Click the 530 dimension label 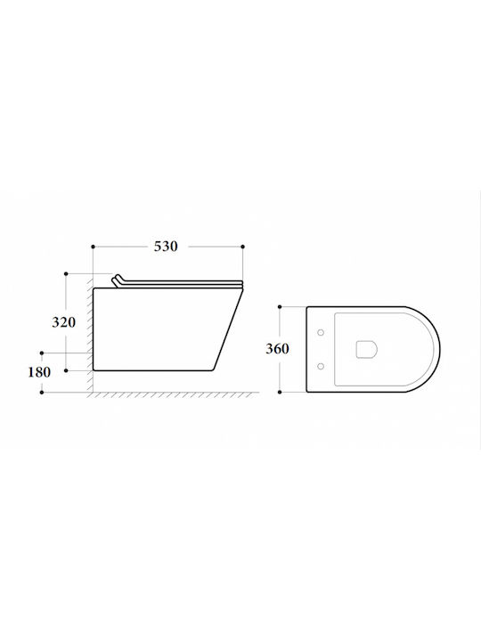coord(166,247)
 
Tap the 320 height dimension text coord(64,322)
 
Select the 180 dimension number coord(39,372)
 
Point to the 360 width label coord(277,349)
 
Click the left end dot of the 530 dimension coord(94,247)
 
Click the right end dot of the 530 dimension coord(243,247)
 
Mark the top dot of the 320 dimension coord(66,273)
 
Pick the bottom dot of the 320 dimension coord(66,370)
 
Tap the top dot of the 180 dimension coord(42,353)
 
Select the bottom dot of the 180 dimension coord(42,393)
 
